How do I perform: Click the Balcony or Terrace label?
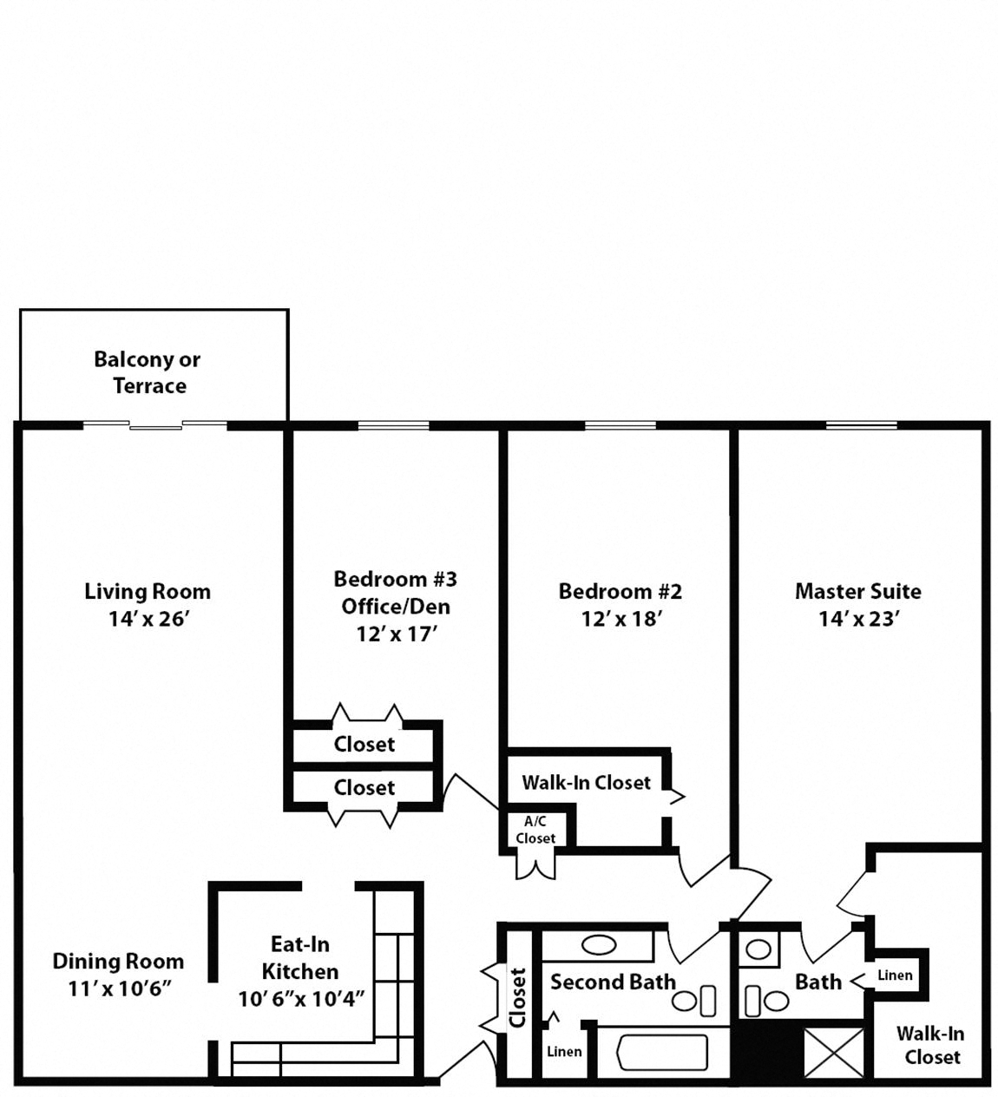147,372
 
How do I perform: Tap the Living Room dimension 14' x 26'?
148,620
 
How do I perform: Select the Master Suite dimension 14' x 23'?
857,620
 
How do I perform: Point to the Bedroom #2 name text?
620,592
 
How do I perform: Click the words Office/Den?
396,606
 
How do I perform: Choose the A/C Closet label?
535,831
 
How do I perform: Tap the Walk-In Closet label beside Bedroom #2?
586,783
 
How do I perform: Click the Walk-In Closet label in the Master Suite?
931,1045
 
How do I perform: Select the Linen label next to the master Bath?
895,975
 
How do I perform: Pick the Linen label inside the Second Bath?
563,1052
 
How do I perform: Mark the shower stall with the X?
834,1053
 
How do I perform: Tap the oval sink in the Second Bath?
599,945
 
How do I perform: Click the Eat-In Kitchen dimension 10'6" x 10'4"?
300,999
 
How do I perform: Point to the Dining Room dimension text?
119,989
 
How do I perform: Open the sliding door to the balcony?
155,425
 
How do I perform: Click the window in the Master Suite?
861,425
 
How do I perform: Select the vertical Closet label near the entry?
518,997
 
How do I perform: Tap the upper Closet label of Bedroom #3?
364,745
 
